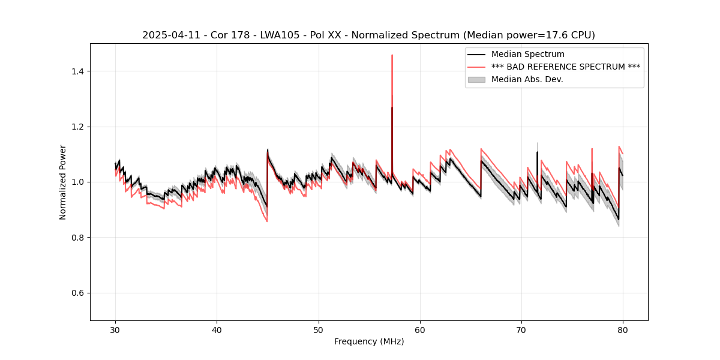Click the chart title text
(368, 35)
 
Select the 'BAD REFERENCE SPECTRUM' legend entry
(565, 67)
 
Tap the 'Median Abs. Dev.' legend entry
(527, 79)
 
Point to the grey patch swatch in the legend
(476, 79)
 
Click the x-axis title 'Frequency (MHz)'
(369, 341)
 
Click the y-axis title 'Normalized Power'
(63, 182)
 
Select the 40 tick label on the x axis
(217, 330)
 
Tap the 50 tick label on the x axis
(318, 330)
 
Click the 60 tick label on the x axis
(420, 330)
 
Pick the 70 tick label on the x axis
(521, 330)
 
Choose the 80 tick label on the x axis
(623, 330)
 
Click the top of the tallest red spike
(392, 56)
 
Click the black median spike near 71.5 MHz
(537, 153)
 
